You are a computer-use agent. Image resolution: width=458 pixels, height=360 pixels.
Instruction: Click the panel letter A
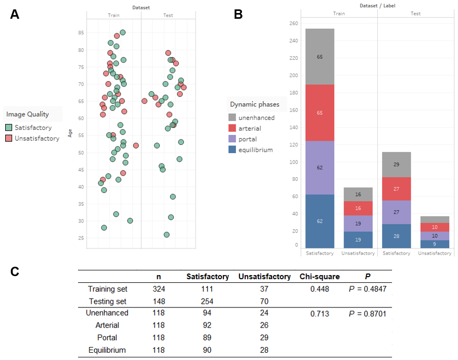15,14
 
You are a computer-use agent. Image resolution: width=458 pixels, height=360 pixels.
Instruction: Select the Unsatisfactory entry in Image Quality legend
36,138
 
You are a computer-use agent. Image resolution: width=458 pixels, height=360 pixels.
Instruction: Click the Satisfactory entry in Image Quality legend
33,127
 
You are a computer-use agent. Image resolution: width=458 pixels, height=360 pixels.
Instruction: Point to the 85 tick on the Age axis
81,33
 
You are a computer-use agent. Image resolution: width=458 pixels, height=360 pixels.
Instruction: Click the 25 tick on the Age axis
81,238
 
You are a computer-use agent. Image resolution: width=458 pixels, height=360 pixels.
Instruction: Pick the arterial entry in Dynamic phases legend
249,128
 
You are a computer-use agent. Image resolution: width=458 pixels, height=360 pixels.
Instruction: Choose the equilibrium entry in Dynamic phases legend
255,150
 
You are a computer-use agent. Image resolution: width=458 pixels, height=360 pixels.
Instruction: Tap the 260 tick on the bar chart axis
293,23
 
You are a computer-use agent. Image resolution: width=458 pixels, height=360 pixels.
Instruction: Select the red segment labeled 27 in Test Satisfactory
396,189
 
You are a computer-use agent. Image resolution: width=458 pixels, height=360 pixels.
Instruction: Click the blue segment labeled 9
435,244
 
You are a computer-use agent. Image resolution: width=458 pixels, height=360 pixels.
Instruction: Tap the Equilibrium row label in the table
107,350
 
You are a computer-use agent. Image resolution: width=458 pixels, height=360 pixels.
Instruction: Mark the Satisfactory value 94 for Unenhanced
207,314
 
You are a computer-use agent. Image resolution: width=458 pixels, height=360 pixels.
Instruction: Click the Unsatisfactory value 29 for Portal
264,338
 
